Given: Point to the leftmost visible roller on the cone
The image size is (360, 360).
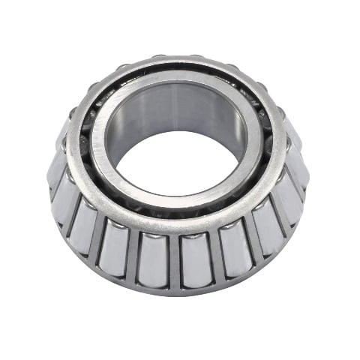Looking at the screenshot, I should pyautogui.click(x=55, y=169).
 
